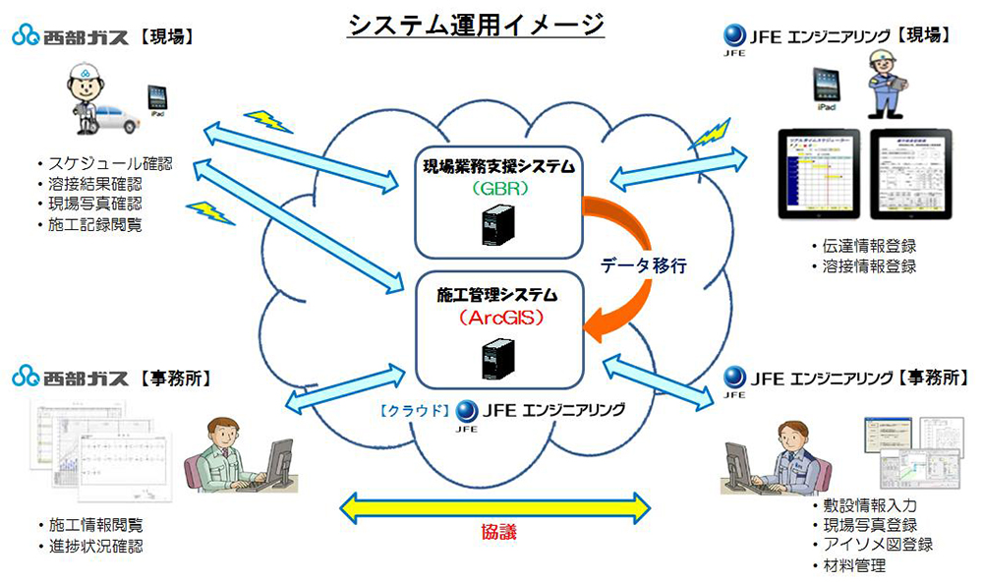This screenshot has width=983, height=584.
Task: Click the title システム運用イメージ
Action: point(477,26)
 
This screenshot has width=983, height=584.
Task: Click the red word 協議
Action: point(497,532)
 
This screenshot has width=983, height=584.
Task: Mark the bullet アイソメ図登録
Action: point(872,544)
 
